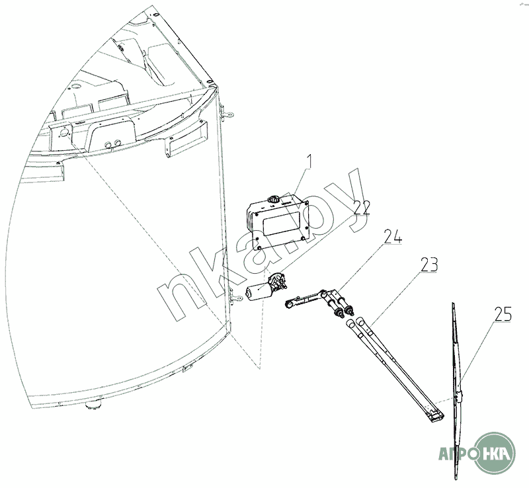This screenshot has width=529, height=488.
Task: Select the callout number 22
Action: pyautogui.click(x=360, y=208)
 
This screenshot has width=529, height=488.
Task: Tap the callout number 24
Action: pyautogui.click(x=392, y=237)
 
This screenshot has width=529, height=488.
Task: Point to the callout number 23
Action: pyautogui.click(x=428, y=265)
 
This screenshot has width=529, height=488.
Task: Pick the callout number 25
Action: pyautogui.click(x=503, y=314)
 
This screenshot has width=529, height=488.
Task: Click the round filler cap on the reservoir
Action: pyautogui.click(x=272, y=199)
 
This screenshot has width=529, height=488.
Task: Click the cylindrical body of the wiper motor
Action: pyautogui.click(x=257, y=290)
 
